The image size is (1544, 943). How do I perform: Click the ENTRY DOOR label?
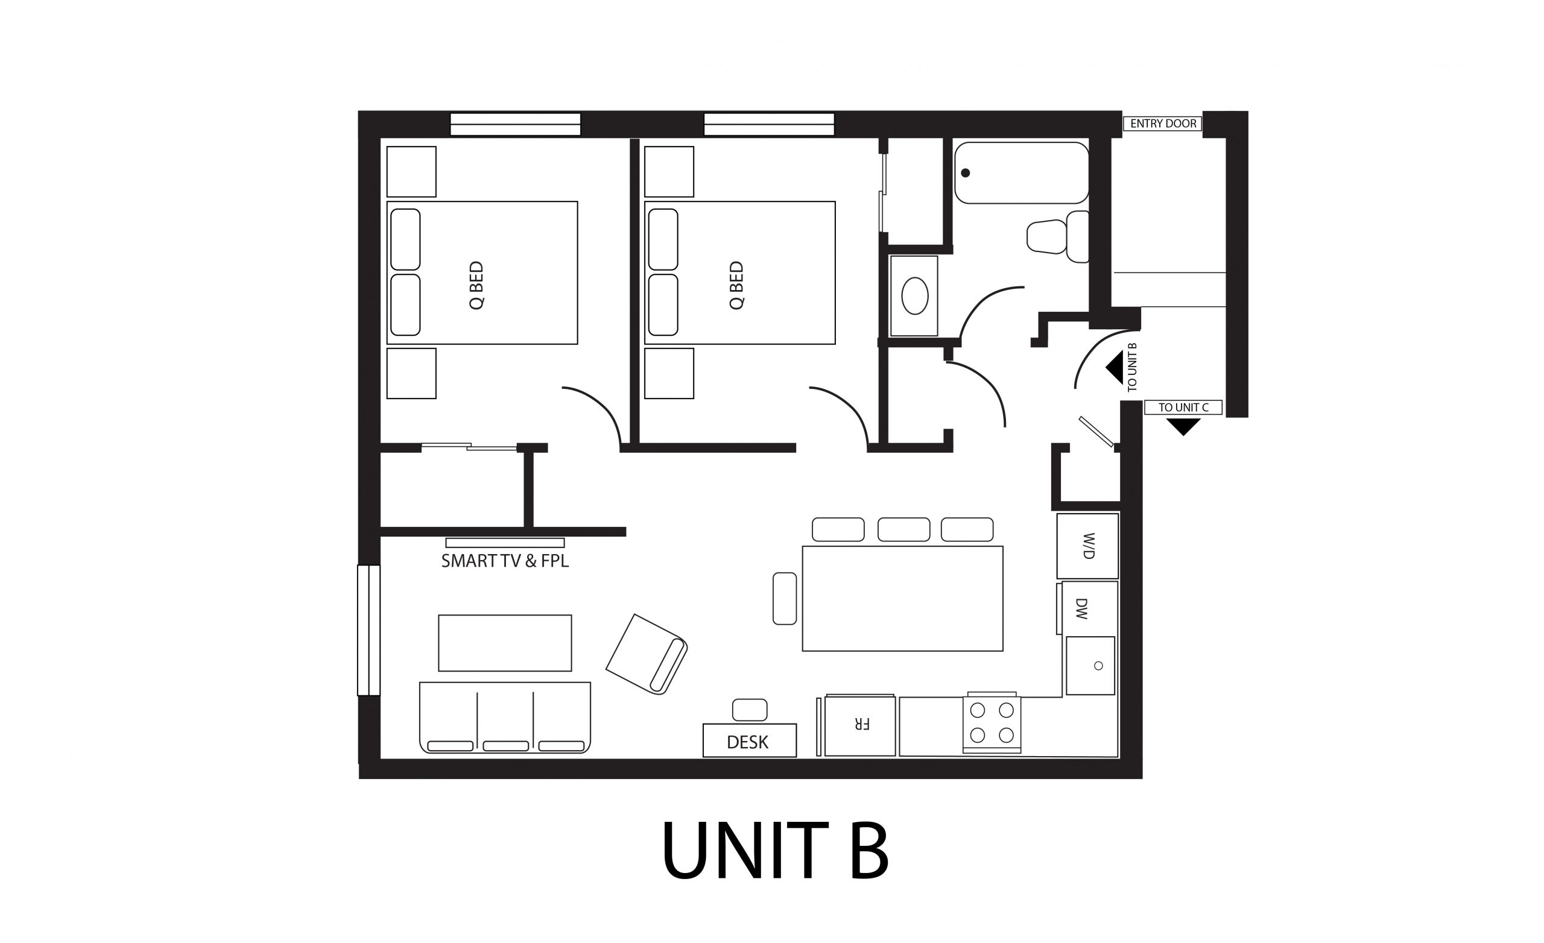(x=1162, y=124)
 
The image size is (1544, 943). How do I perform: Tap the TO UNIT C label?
(x=1183, y=407)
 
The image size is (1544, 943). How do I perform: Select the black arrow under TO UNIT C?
(x=1183, y=426)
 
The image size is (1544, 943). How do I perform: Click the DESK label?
(x=749, y=742)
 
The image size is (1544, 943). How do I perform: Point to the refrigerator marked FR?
(x=859, y=725)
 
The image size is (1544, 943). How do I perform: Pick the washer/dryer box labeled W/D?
(x=1087, y=546)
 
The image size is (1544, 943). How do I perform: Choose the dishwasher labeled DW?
(x=1087, y=608)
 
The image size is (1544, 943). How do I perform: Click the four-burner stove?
(x=992, y=722)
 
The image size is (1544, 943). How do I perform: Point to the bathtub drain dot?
(x=966, y=173)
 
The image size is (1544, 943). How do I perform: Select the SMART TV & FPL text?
(x=505, y=561)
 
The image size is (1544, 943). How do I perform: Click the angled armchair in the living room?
(x=647, y=654)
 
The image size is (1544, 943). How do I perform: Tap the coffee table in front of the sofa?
(x=504, y=643)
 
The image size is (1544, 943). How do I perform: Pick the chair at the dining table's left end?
(x=785, y=598)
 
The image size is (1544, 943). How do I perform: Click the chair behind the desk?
(x=750, y=710)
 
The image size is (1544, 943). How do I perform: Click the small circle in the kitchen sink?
(x=1098, y=666)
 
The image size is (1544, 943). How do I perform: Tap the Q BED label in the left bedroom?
(x=476, y=286)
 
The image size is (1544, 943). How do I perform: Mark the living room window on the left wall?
(x=369, y=629)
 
